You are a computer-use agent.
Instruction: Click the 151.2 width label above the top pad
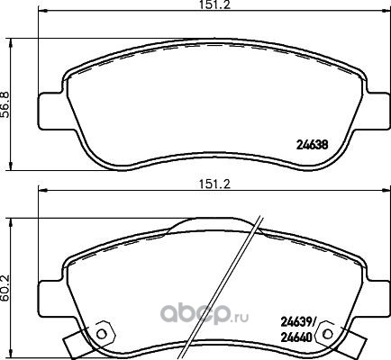click(215, 5)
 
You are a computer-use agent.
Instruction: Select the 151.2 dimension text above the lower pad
click(215, 184)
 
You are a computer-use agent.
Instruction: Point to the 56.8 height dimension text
click(6, 104)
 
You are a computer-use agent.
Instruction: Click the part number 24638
click(312, 145)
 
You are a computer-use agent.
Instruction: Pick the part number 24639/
click(297, 322)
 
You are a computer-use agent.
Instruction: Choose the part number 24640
click(296, 338)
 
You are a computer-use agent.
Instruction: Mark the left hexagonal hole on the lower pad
click(102, 334)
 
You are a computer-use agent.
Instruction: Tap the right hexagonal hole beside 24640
click(329, 334)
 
